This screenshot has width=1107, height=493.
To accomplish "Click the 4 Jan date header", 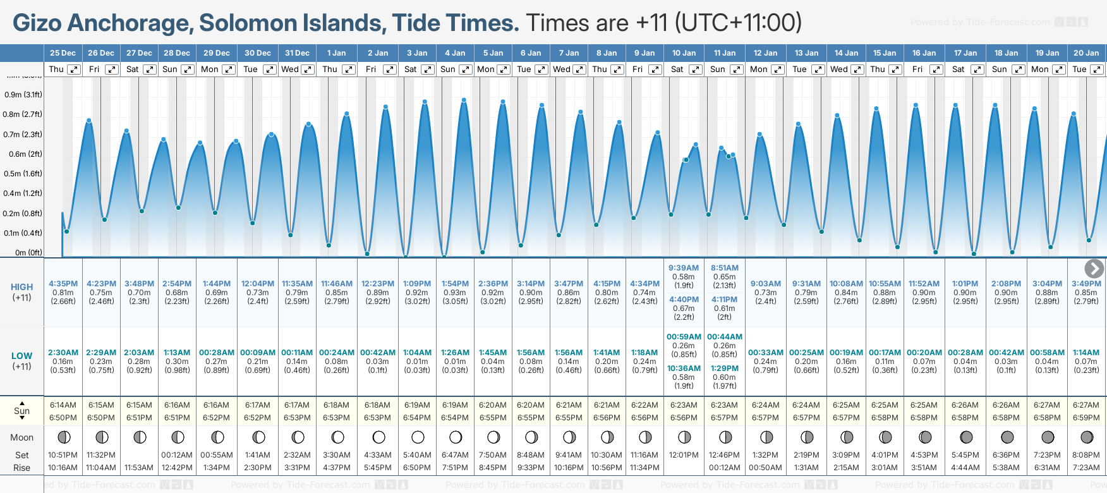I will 455,53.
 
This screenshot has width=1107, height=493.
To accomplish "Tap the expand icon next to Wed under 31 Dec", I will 308,70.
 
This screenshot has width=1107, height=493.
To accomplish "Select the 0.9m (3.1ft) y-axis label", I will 23,95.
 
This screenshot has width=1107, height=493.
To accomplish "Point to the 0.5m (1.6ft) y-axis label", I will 23,174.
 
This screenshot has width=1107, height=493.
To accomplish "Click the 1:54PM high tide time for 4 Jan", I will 455,284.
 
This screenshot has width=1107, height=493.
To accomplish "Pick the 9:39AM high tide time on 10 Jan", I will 684,268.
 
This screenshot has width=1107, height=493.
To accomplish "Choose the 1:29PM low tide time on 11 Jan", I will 724,368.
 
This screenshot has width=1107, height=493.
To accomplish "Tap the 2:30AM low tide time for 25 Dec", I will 63,353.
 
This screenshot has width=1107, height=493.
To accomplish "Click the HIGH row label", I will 21,287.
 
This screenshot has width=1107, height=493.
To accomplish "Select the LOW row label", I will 21,356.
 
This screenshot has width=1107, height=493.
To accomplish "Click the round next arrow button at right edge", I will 1094,269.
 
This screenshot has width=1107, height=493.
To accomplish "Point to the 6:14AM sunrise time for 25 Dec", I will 63,405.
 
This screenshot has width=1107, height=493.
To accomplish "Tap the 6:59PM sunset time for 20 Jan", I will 1086,418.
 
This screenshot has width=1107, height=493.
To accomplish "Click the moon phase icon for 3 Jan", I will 418,437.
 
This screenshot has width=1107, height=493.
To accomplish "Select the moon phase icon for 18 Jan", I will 1007,437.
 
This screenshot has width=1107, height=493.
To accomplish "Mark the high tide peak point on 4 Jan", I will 464,100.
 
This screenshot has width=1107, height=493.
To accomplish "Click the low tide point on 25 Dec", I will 66,231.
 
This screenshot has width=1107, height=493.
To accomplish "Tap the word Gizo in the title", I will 37,23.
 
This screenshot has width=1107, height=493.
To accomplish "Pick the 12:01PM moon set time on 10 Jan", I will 684,455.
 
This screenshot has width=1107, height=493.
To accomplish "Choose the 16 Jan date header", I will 924,53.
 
